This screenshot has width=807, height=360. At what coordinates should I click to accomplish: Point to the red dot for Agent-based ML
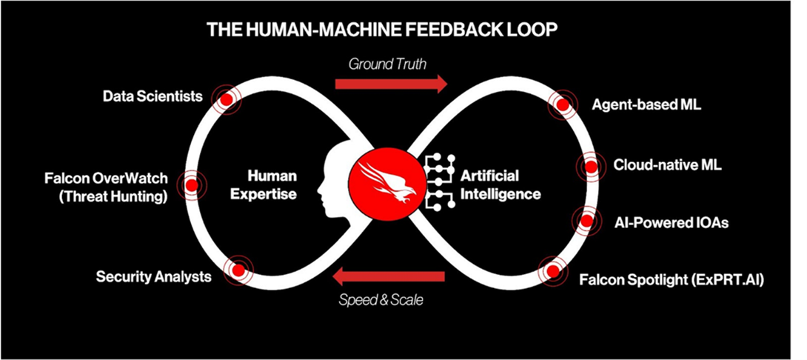coord(562,105)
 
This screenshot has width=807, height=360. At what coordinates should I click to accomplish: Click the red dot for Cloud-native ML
coord(591,166)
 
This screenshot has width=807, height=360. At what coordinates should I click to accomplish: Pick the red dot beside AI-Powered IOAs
coord(586,220)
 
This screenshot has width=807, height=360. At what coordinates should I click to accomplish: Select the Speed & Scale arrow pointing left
coord(389,279)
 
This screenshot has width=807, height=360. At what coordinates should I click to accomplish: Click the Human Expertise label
coord(272,184)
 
